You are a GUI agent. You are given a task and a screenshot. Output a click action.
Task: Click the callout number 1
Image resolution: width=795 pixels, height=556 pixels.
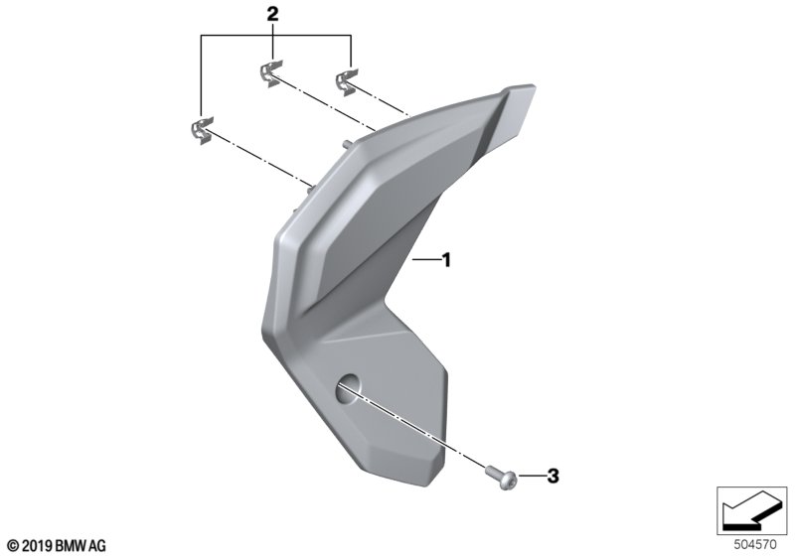tap(446, 260)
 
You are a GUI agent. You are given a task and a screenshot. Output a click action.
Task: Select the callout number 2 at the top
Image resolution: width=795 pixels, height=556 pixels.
tap(272, 14)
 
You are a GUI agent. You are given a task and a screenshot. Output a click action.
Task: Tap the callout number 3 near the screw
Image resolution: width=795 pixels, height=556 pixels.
tap(553, 476)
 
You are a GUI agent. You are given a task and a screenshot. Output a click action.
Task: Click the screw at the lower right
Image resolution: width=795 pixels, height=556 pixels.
tap(502, 478)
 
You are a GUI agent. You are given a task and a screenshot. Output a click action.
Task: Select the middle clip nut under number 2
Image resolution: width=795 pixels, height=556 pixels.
tap(271, 73)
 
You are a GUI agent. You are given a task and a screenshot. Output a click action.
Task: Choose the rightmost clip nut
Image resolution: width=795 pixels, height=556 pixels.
tap(346, 82)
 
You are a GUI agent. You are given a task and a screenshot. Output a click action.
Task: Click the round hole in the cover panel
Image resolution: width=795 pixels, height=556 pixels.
tap(347, 389)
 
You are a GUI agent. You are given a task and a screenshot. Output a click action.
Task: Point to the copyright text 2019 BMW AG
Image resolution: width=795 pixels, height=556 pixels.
tap(58, 546)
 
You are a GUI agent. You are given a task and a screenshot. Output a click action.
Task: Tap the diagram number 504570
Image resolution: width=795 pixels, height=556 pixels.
tap(755, 545)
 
